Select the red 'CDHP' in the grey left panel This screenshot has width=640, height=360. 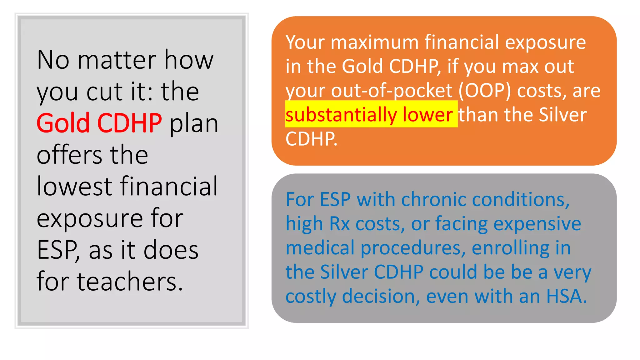[129, 123]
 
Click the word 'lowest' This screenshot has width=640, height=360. [74, 186]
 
